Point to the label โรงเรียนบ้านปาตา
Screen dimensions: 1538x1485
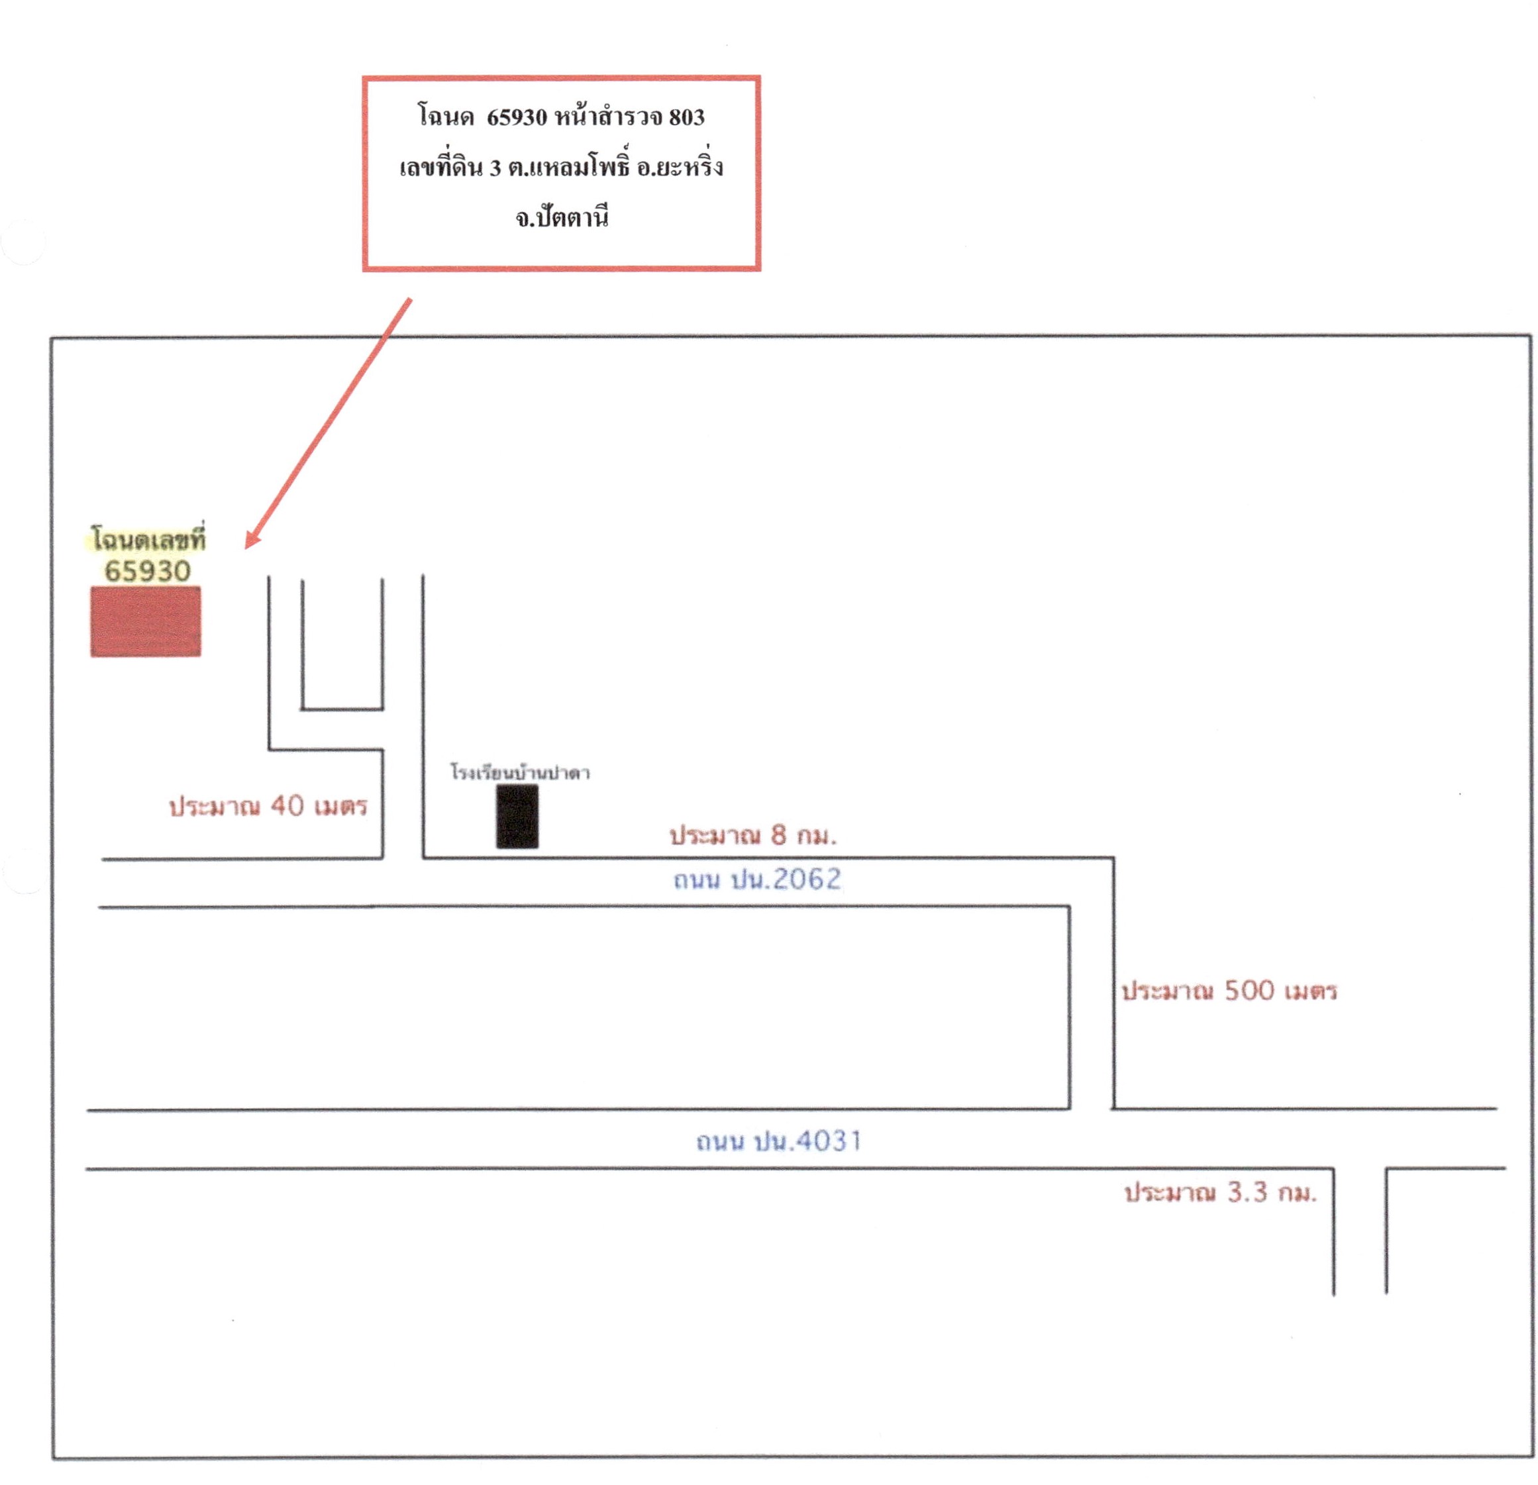[520, 772]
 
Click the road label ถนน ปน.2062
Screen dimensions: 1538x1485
[757, 879]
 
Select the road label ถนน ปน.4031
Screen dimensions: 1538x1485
[779, 1141]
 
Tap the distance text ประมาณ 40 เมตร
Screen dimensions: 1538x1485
[268, 806]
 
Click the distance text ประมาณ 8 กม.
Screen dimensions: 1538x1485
[753, 835]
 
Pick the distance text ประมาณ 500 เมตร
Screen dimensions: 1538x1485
[1229, 990]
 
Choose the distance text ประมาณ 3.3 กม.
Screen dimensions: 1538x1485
[1221, 1193]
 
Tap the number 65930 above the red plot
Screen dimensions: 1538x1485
[148, 570]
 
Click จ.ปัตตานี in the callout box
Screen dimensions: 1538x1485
[562, 217]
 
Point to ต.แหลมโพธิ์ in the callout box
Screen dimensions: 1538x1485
[569, 166]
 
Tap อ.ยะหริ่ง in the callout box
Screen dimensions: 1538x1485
[680, 166]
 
